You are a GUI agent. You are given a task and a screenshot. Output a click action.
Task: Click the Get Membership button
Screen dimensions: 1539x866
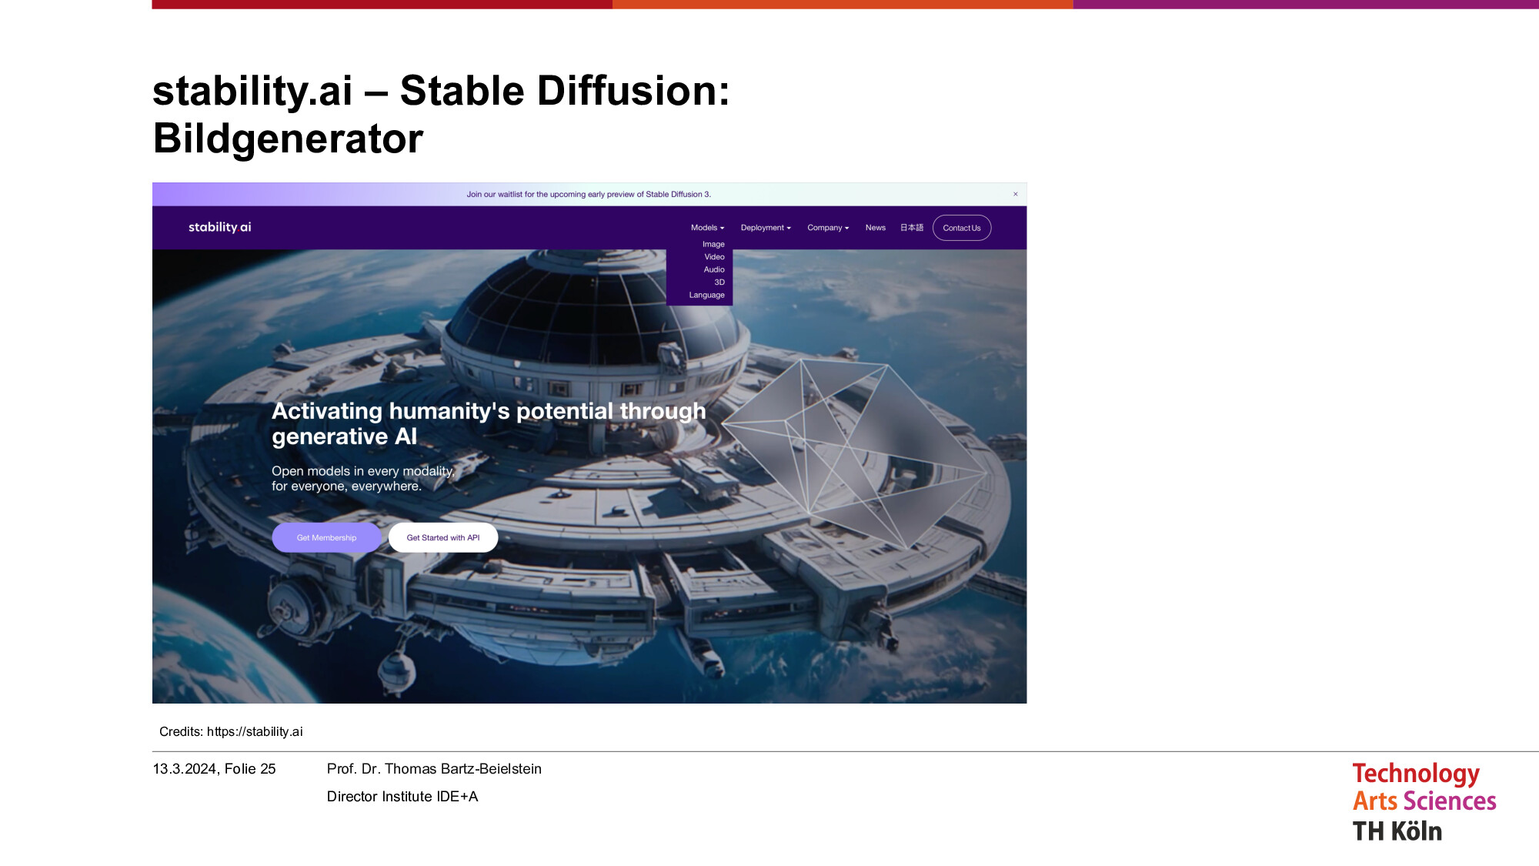click(326, 537)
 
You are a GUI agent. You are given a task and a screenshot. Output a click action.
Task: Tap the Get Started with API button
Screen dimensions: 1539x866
click(443, 537)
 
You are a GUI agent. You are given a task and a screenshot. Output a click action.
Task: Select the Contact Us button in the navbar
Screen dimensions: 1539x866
click(962, 228)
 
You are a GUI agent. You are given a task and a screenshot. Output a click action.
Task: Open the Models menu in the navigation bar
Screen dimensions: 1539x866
click(707, 228)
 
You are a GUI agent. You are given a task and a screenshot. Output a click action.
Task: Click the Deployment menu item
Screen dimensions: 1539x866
click(766, 228)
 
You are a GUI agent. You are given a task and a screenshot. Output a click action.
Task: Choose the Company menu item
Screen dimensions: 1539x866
click(828, 228)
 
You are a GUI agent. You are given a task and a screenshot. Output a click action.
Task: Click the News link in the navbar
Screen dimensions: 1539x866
click(875, 228)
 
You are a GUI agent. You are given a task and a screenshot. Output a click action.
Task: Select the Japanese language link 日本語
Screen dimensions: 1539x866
click(912, 228)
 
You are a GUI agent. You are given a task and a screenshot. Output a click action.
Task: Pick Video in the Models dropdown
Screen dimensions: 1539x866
click(714, 257)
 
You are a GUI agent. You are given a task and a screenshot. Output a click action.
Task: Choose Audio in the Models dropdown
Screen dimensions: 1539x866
click(714, 269)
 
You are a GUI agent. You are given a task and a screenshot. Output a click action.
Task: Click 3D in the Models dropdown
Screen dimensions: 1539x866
click(719, 283)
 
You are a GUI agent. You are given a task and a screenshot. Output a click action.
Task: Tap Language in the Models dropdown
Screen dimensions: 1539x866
click(706, 295)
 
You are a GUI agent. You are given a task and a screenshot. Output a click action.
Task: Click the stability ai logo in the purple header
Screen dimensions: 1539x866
click(220, 227)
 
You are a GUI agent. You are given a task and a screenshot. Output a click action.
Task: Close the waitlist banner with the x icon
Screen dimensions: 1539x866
click(1016, 194)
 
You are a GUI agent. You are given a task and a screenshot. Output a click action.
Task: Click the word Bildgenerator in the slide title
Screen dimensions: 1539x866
click(288, 139)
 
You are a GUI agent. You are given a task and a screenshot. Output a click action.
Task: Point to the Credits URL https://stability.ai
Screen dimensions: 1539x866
click(255, 731)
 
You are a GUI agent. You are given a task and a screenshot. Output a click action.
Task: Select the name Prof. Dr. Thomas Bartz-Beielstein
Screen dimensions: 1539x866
click(434, 769)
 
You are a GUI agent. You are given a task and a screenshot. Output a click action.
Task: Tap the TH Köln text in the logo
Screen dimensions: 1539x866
click(1397, 831)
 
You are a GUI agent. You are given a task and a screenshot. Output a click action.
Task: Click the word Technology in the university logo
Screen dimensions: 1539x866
click(1416, 774)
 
